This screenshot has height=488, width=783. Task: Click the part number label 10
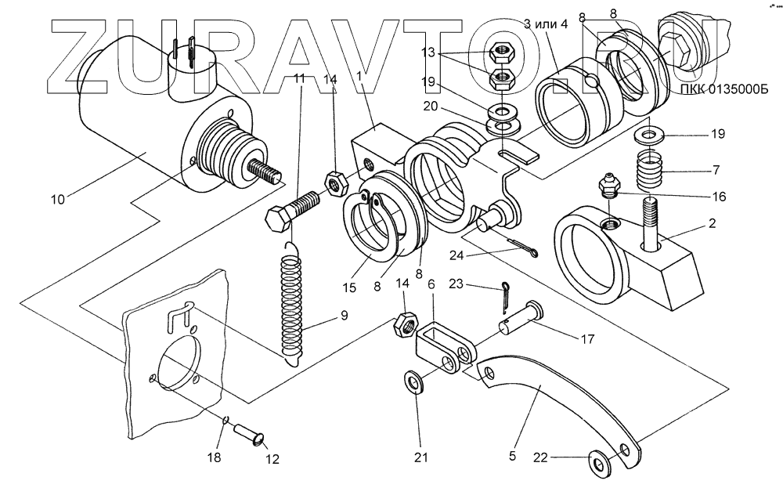point(60,199)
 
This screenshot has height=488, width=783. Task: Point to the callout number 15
point(349,287)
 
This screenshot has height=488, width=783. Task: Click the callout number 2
point(712,223)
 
